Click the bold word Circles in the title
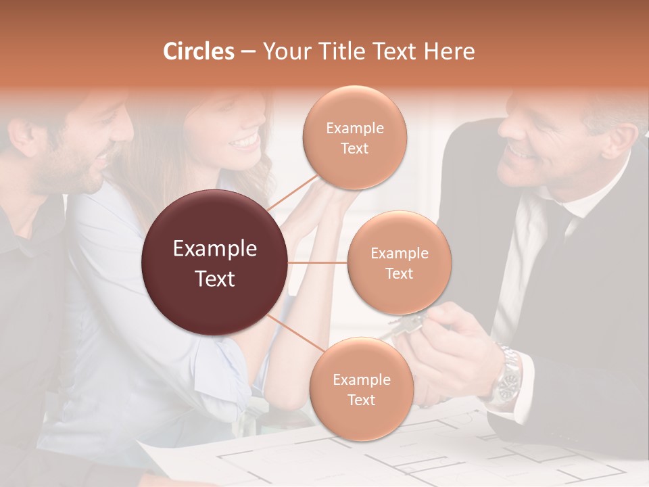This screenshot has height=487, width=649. click(x=198, y=51)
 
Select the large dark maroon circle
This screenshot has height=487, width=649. click(x=215, y=262)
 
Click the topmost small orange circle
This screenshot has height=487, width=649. click(x=354, y=138)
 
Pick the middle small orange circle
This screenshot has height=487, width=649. click(x=399, y=262)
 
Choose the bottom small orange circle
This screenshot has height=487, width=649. click(x=361, y=390)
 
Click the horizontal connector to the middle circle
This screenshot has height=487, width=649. click(x=318, y=262)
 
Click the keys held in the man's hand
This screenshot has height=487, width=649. click(x=406, y=326)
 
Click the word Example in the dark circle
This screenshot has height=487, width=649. click(x=215, y=249)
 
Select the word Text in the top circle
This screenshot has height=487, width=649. click(x=354, y=148)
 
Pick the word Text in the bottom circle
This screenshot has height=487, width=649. click(x=361, y=400)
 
